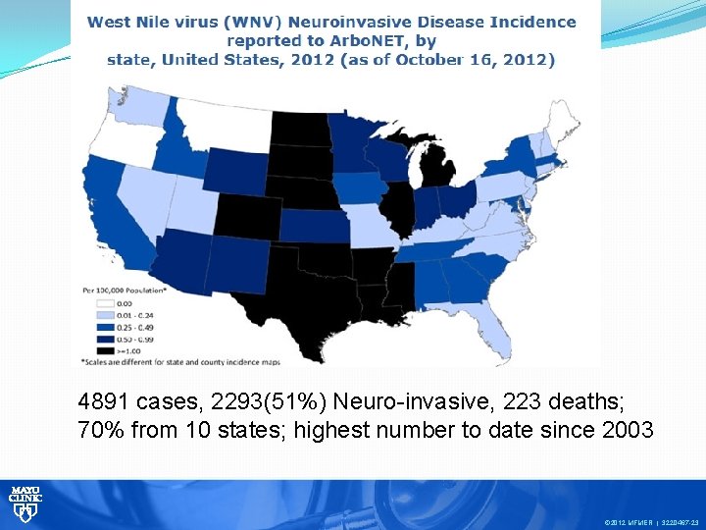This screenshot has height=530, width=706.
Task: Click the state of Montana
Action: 225,123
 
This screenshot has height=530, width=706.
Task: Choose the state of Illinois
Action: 398,207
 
